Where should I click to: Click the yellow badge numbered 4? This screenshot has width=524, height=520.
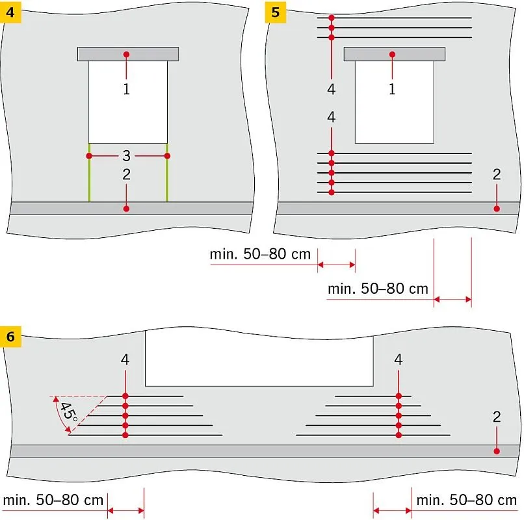10,13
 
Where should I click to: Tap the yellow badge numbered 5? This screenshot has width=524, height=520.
276,13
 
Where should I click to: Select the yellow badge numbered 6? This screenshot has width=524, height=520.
10,337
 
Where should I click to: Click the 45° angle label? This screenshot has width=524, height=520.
69,411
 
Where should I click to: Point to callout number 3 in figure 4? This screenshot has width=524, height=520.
126,155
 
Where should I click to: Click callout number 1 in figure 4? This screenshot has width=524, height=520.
126,89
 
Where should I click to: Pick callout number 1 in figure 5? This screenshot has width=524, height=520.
392,89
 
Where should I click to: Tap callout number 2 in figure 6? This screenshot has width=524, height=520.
497,417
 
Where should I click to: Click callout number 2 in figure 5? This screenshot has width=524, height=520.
497,174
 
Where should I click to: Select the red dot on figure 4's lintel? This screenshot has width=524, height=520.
126,54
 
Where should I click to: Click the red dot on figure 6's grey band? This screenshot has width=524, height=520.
497,451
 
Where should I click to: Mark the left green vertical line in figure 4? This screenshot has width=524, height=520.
89,172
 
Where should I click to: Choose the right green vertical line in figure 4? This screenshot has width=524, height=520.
167,172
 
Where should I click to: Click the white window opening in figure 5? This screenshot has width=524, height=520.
395,102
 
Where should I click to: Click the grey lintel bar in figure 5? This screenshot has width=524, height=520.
395,54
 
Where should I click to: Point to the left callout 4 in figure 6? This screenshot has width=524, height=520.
125,359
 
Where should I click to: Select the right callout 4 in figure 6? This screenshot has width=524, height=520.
399,359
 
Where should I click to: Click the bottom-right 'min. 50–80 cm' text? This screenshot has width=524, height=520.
467,500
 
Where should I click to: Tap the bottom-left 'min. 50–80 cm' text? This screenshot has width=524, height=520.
53,500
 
